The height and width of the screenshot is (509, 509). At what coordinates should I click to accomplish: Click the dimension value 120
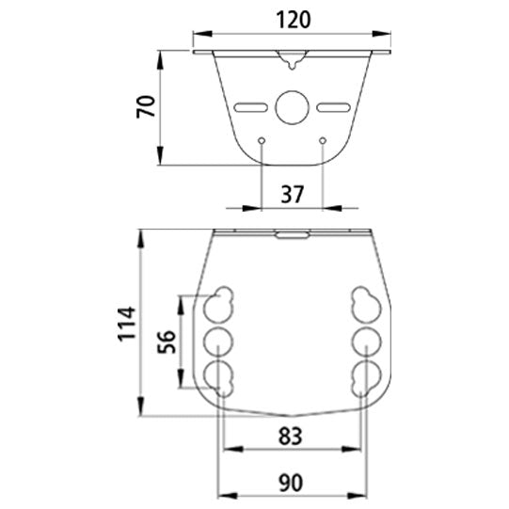(292, 19)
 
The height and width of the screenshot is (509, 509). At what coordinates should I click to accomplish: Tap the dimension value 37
(292, 195)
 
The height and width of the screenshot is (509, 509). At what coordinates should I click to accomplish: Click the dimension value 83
(291, 436)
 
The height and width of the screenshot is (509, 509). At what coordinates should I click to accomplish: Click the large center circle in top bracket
(292, 106)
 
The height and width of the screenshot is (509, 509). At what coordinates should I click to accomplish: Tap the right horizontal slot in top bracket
(332, 106)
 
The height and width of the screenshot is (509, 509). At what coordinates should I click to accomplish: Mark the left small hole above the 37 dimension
(262, 141)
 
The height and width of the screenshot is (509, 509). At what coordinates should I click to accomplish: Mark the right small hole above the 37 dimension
(323, 141)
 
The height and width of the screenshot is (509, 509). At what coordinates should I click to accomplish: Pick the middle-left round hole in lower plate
(219, 340)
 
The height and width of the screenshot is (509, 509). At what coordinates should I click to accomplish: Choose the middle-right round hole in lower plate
(364, 340)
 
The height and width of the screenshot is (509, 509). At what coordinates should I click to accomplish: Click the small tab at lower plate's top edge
(292, 235)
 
